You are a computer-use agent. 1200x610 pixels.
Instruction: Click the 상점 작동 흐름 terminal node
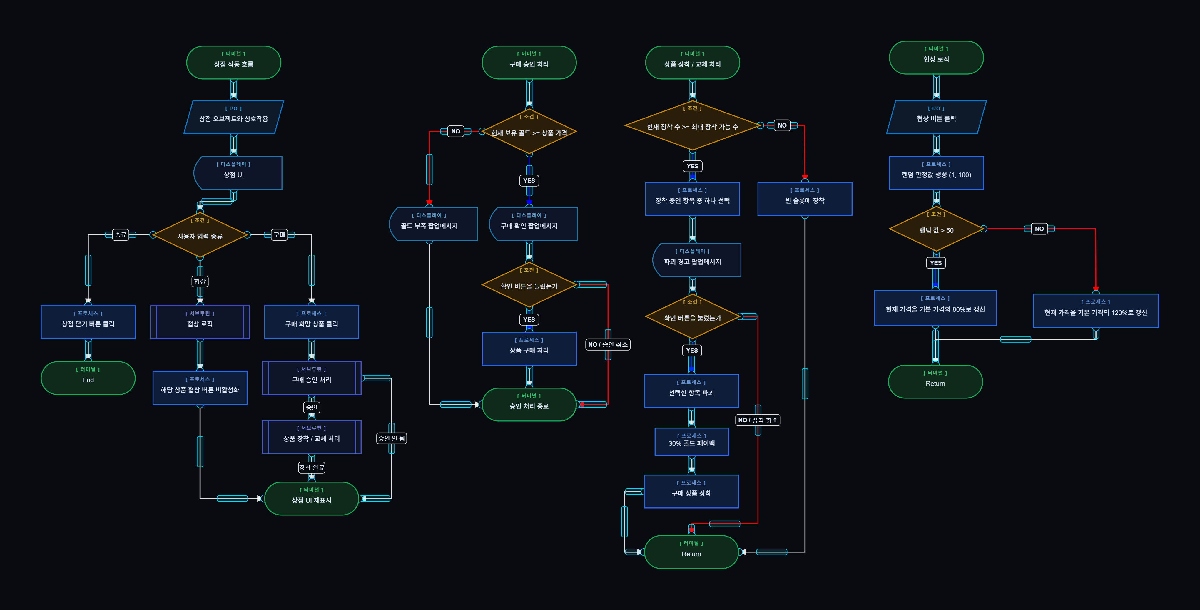tap(233, 62)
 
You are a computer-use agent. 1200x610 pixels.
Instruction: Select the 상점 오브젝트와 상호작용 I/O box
tap(233, 117)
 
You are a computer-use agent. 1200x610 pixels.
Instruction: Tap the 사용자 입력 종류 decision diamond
tap(200, 235)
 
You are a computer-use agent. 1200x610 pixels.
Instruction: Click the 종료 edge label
tap(121, 235)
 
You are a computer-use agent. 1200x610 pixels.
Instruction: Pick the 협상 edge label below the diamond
tap(200, 281)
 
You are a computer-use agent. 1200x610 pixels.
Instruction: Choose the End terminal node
tap(88, 378)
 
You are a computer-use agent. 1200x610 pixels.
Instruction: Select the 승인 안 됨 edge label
tap(391, 438)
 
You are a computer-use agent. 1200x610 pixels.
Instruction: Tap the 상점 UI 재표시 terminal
tap(311, 498)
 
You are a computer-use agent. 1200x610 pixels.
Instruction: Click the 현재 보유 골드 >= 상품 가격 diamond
tap(529, 132)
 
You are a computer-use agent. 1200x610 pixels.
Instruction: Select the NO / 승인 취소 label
tap(607, 345)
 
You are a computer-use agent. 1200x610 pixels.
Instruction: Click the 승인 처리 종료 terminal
tap(529, 404)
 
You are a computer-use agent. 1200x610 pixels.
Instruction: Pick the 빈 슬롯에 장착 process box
tap(805, 199)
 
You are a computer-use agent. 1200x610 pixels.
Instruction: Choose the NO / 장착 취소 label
tap(758, 420)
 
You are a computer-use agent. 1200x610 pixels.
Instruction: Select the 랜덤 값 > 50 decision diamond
tap(936, 229)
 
